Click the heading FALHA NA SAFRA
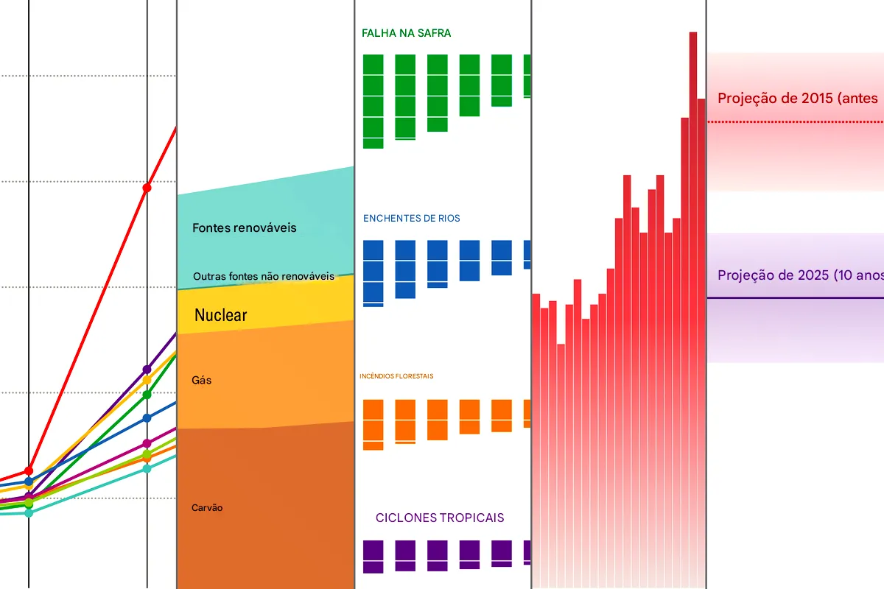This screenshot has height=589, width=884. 406,33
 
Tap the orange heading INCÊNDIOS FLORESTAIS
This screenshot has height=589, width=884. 396,376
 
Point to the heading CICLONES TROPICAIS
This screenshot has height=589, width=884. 440,518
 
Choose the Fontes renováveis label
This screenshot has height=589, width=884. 244,228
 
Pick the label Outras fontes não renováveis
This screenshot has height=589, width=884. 263,277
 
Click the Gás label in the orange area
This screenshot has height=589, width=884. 201,381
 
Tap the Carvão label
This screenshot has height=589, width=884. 207,508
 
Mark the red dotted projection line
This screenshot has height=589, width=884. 796,121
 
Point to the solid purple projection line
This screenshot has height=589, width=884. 796,297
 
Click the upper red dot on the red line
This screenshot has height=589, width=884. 147,188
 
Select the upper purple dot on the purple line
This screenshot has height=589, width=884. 147,368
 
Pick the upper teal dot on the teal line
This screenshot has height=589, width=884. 147,468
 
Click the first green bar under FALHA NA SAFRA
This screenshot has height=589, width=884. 373,102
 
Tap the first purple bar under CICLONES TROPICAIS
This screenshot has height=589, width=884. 373,557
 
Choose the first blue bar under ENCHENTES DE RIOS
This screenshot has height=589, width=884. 373,273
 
